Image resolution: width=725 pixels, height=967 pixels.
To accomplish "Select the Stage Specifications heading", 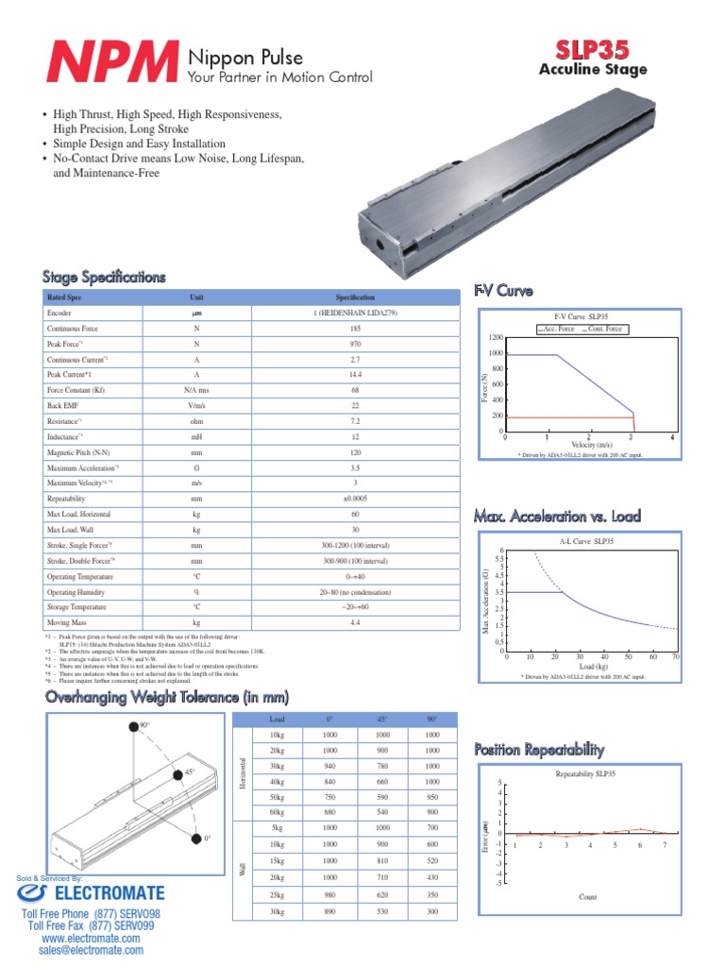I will pos(104,277).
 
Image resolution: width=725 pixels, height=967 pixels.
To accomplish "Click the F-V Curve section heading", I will pos(503,289).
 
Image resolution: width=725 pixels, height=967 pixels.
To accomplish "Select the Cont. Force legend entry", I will pos(603,329).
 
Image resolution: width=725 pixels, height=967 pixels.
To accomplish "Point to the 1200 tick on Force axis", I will pos(496,337).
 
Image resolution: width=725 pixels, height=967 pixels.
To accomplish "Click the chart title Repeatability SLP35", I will pos(585,773).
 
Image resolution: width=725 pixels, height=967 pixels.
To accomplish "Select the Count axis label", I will pos(587,897).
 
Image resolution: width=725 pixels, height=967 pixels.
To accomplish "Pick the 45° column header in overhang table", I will pos(382,721).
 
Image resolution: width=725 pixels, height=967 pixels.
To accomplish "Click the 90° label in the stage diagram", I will pos(144,725).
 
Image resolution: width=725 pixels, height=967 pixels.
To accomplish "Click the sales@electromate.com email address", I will pos(91,950).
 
